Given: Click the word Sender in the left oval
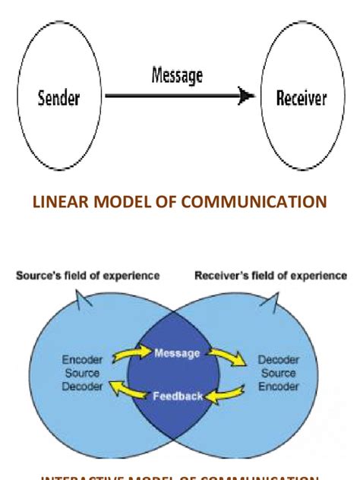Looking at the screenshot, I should [x=58, y=98].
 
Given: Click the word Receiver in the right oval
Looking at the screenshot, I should [x=302, y=98].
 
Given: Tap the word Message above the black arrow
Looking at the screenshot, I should [x=177, y=76].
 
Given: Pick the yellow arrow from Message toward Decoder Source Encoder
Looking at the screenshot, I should [x=227, y=355].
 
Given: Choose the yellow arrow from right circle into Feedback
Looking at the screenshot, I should [x=227, y=393].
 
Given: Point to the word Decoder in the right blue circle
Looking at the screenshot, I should [x=278, y=361].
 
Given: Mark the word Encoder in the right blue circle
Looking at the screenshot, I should [x=278, y=387].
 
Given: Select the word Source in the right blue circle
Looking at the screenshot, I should [x=278, y=374].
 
